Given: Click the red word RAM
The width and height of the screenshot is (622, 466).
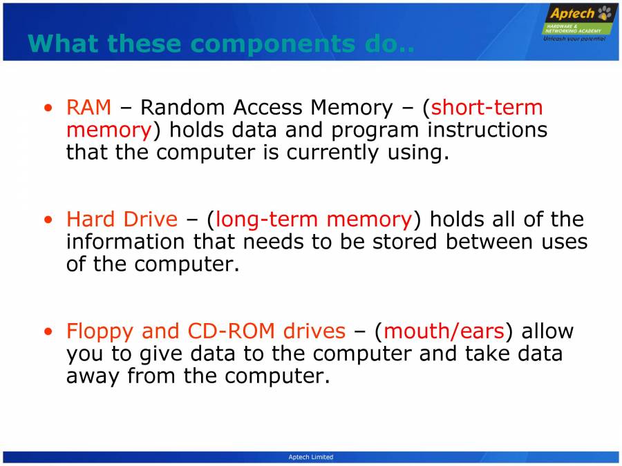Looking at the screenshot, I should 88,108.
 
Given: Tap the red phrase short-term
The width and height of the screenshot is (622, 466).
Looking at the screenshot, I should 487,108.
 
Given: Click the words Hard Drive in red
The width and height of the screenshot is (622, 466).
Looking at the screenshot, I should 122,220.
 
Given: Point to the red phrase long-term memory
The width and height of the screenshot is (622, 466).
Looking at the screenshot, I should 314,220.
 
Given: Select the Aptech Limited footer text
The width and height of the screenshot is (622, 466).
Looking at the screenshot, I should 310,457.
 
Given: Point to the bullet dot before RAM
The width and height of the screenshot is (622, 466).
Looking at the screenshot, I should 48,108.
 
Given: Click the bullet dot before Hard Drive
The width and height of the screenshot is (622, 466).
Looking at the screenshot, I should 48,220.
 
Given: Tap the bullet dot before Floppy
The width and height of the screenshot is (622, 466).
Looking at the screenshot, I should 48,332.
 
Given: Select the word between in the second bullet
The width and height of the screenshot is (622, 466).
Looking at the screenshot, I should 493,242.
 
